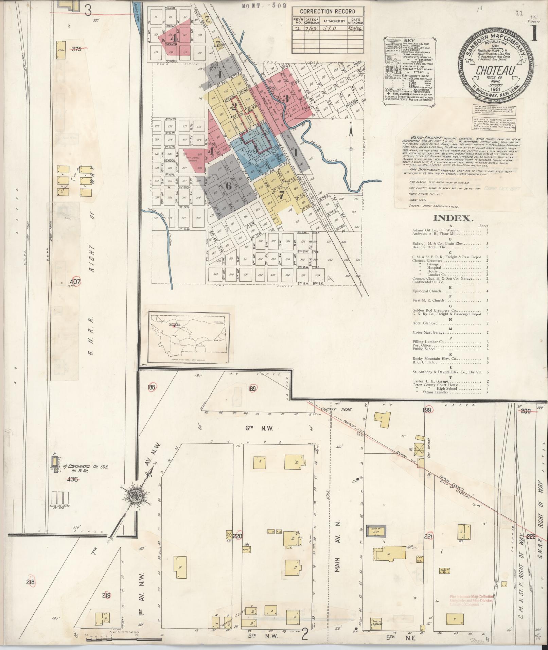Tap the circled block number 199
click(x=427, y=410)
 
